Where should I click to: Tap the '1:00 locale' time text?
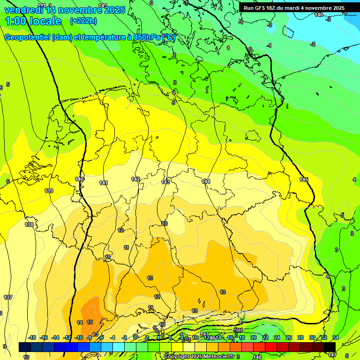pyautogui.click(x=33, y=21)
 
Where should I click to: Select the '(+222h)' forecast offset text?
pyautogui.click(x=83, y=21)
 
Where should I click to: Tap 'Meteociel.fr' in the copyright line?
pyautogui.click(x=216, y=357)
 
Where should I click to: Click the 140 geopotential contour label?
pyautogui.click(x=79, y=179)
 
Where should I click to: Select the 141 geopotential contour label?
pyautogui.click(x=104, y=183)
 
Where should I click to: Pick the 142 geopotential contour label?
pyautogui.click(x=135, y=179)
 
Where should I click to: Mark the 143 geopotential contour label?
pyautogui.click(x=165, y=182)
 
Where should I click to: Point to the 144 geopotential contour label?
pyautogui.click(x=206, y=181)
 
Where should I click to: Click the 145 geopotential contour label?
pyautogui.click(x=304, y=180)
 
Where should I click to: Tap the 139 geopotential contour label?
pyautogui.click(x=49, y=191)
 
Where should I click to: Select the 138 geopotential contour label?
pyautogui.click(x=29, y=225)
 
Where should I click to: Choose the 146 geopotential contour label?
pyautogui.click(x=319, y=15)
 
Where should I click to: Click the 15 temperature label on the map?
pyautogui.click(x=90, y=322)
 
